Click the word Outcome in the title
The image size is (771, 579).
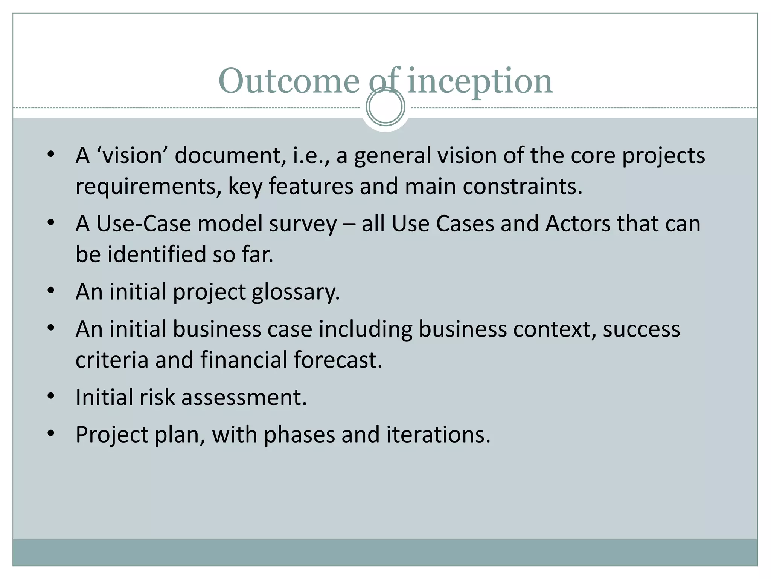pyautogui.click(x=289, y=81)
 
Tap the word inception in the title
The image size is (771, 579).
pyautogui.click(x=480, y=81)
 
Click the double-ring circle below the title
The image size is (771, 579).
pyautogui.click(x=385, y=107)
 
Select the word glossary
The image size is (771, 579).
pyautogui.click(x=296, y=292)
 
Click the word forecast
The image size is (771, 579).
pyautogui.click(x=338, y=360)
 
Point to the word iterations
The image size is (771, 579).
pyautogui.click(x=438, y=435)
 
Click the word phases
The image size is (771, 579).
pyautogui.click(x=299, y=435)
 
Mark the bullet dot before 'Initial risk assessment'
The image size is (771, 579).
pyautogui.click(x=51, y=396)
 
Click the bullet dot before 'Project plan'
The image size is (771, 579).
pyautogui.click(x=51, y=433)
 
